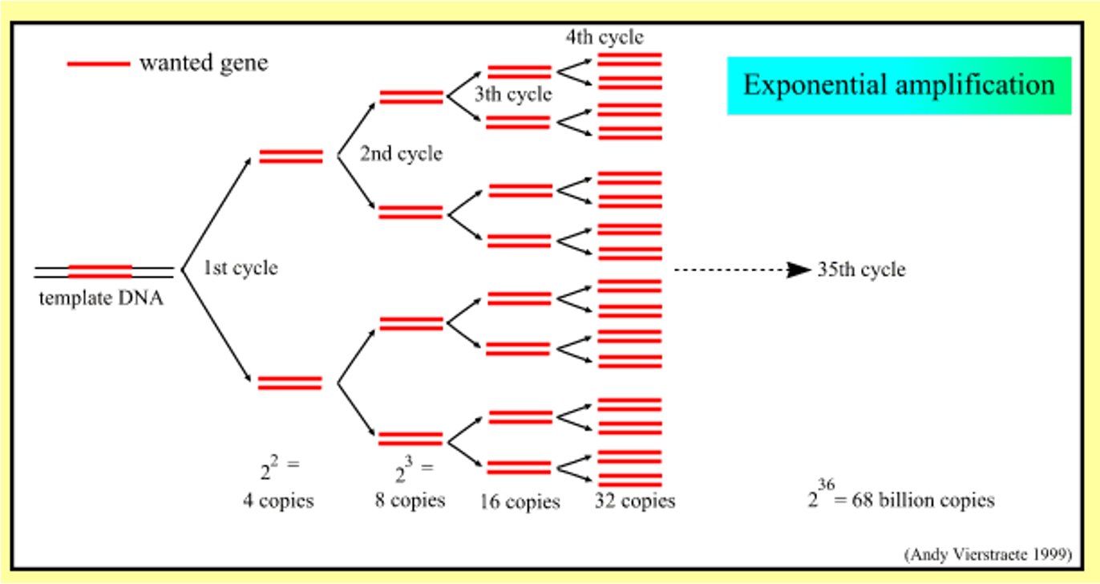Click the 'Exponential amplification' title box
[899, 85]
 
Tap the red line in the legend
[98, 63]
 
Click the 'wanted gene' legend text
[204, 63]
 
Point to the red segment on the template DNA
[100, 270]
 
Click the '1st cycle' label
[241, 268]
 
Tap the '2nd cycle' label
[401, 153]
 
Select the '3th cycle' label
[512, 95]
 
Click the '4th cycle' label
[604, 37]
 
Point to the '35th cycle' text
[861, 270]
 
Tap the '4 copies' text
[278, 501]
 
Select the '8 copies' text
[410, 500]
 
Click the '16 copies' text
[520, 502]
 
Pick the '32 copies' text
[635, 501]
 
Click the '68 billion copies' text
[926, 501]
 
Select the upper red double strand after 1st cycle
[291, 156]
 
